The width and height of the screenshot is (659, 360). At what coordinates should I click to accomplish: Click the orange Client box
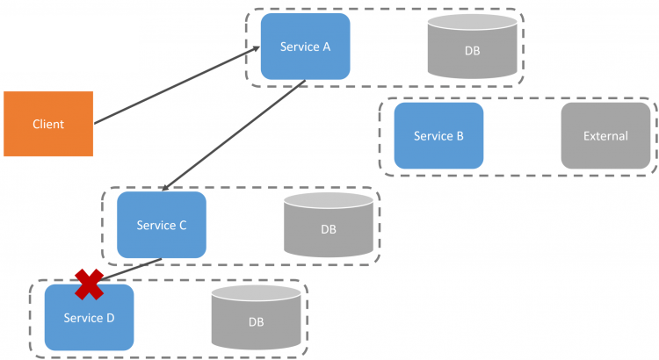[x=48, y=124]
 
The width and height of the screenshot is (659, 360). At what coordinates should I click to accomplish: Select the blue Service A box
[x=306, y=47]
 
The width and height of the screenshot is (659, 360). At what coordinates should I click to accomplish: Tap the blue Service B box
[x=438, y=136]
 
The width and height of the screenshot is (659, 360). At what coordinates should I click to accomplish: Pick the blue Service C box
[x=162, y=225]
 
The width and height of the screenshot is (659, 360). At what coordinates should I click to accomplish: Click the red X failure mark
[x=89, y=284]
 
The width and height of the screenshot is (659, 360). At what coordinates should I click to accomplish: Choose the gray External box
[x=605, y=136]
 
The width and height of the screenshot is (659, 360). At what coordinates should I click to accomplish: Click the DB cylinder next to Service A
[x=473, y=47]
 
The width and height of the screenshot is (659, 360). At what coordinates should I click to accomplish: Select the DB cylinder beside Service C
[x=329, y=225]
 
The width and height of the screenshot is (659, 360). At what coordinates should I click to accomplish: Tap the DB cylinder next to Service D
[x=257, y=318]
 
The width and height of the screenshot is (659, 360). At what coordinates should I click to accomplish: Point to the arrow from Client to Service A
[x=177, y=85]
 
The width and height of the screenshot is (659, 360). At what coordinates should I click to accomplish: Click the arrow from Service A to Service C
[x=234, y=135]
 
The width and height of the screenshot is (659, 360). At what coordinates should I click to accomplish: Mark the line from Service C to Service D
[x=130, y=270]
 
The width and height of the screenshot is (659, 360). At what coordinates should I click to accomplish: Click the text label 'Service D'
[x=89, y=318]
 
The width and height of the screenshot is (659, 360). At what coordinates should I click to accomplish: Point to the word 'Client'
[x=48, y=125]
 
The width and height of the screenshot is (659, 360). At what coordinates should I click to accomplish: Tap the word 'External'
[x=605, y=136]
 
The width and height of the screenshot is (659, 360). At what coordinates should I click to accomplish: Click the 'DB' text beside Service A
[x=473, y=51]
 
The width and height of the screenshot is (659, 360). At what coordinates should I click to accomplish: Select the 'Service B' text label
[x=438, y=136]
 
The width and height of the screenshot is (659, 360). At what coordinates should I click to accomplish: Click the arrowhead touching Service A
[x=256, y=49]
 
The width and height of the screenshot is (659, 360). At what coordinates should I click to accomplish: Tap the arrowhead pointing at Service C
[x=166, y=187]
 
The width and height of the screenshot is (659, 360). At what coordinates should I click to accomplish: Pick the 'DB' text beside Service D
[x=257, y=322]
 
